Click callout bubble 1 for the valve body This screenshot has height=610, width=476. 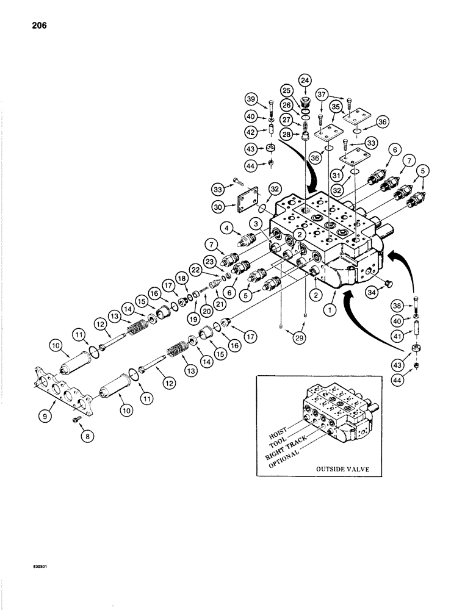click(330, 310)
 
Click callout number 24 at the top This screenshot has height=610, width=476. click(305, 80)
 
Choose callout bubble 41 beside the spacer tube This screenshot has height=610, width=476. click(414, 334)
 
